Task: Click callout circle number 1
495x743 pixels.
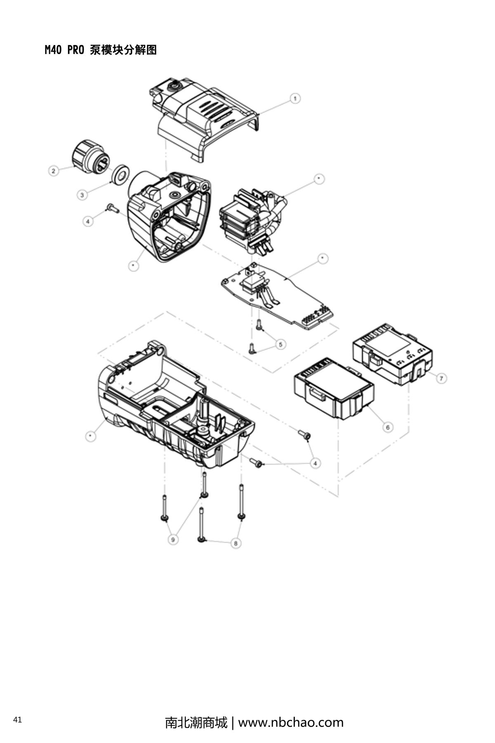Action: [295, 99]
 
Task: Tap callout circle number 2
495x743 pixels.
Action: [54, 170]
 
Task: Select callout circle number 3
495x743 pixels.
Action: [82, 194]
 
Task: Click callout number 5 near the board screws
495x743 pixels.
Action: [280, 344]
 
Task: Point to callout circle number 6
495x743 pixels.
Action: [387, 427]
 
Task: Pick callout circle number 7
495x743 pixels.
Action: [441, 378]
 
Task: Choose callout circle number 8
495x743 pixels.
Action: [236, 543]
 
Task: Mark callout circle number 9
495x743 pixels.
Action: [173, 539]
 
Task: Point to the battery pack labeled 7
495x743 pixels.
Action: [392, 353]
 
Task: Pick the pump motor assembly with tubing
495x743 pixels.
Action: [252, 219]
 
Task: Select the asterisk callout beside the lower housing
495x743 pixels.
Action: [91, 436]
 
